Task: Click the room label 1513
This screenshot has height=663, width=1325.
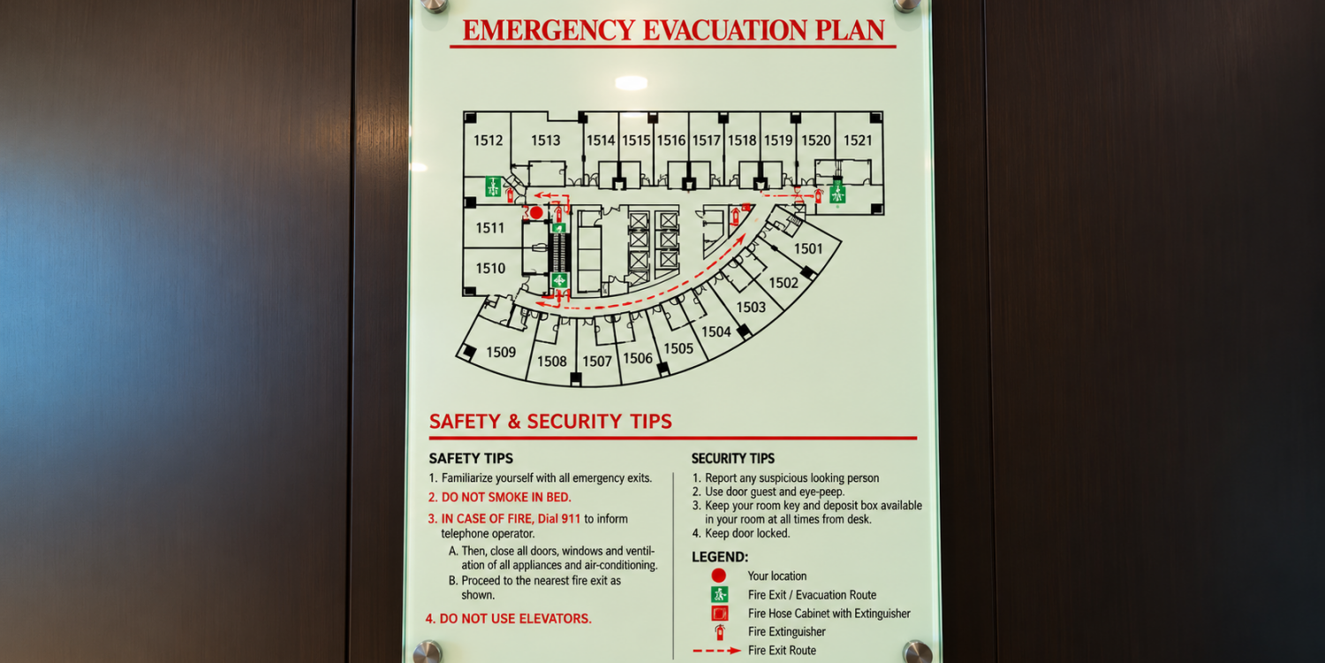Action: pyautogui.click(x=545, y=141)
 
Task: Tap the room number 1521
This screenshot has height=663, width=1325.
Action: pyautogui.click(x=858, y=141)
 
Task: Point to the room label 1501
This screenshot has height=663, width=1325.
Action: pyautogui.click(x=808, y=248)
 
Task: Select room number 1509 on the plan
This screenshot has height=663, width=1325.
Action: pyautogui.click(x=501, y=352)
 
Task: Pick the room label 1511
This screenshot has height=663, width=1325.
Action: pyautogui.click(x=489, y=228)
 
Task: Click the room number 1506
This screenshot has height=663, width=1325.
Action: pyautogui.click(x=638, y=358)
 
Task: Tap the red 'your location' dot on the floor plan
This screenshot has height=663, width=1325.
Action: pyautogui.click(x=536, y=212)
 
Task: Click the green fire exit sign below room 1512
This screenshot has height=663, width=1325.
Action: pyautogui.click(x=493, y=187)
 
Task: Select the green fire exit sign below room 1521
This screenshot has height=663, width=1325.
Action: pyautogui.click(x=837, y=193)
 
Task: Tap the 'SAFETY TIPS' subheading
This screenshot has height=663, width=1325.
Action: pyautogui.click(x=471, y=459)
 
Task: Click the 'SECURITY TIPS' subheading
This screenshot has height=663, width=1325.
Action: pyautogui.click(x=733, y=459)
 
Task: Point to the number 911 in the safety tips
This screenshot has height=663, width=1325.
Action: pyautogui.click(x=571, y=519)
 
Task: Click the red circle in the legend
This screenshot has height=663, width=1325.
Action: pyautogui.click(x=719, y=575)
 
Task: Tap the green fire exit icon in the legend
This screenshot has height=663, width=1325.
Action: pyautogui.click(x=720, y=594)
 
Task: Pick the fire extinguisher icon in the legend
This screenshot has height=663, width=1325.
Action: pyautogui.click(x=720, y=632)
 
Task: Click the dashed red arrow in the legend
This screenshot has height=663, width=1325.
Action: pyautogui.click(x=716, y=651)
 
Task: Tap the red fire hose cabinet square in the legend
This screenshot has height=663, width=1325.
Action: pyautogui.click(x=720, y=613)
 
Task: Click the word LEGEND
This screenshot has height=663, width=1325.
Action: pyautogui.click(x=720, y=557)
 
